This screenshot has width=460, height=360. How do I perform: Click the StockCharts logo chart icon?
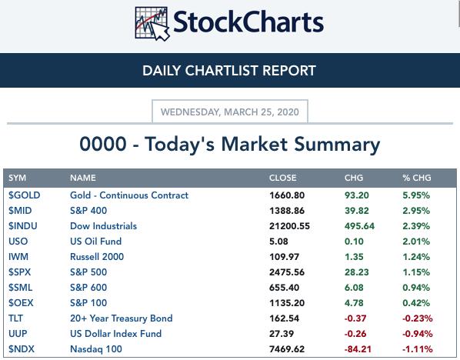[x=152, y=24]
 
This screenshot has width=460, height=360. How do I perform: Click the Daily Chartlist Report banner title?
[x=229, y=71]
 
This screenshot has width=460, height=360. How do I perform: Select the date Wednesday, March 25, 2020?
[x=230, y=112]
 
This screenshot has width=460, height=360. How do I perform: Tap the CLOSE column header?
[x=282, y=178]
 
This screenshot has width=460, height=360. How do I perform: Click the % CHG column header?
[x=417, y=178]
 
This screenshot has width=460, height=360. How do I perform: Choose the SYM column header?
[x=17, y=178]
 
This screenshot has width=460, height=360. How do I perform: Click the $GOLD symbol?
[x=24, y=195]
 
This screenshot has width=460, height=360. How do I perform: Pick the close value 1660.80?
[x=287, y=195]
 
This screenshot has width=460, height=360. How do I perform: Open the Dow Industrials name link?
[x=103, y=226]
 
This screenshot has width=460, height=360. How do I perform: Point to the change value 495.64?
[x=359, y=226]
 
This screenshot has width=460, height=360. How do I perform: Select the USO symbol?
[x=18, y=242]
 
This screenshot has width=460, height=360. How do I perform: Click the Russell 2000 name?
[x=97, y=257]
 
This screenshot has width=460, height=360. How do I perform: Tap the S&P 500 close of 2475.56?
[x=287, y=272]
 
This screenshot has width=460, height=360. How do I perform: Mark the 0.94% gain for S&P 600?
[x=416, y=288]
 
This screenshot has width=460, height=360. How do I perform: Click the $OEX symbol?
[x=21, y=303]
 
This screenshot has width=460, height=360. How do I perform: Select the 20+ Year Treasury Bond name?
[x=122, y=318]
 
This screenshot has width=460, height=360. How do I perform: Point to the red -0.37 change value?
[x=355, y=318]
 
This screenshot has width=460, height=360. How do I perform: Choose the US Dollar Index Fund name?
[x=115, y=334]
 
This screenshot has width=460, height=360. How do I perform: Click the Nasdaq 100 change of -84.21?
[x=358, y=349]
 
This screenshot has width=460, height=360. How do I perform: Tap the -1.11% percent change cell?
[x=418, y=349]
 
